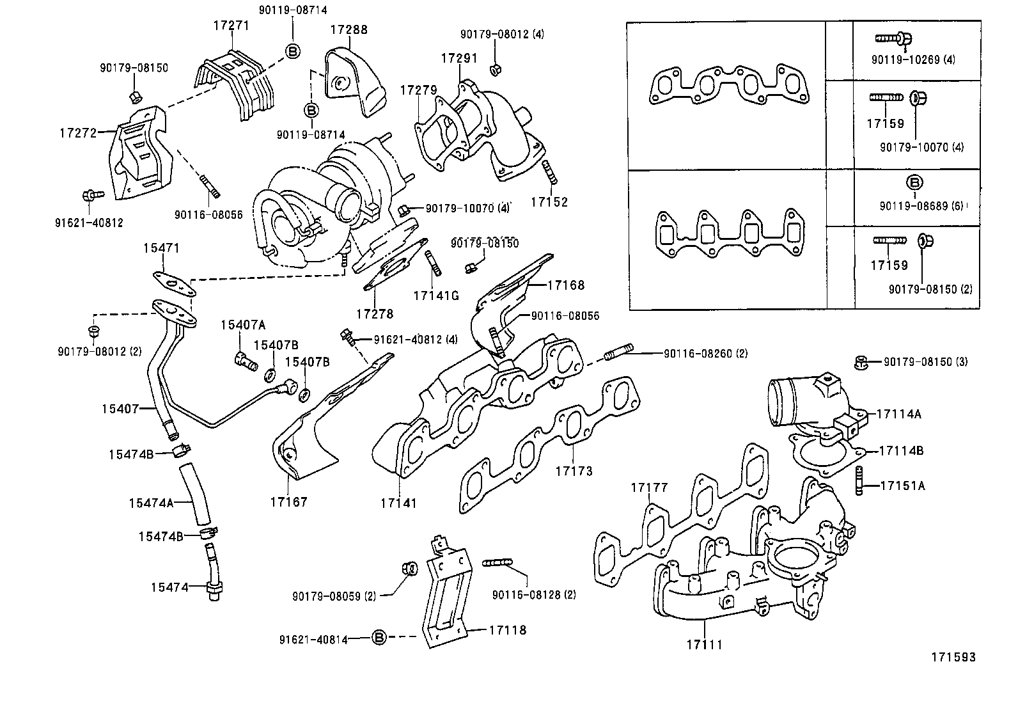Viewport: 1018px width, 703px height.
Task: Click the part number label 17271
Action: (x=231, y=26)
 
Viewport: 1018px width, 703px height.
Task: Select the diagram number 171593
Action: (x=953, y=657)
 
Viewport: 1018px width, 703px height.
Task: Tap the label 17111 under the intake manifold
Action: (x=704, y=644)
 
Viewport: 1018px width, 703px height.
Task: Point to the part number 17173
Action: (x=574, y=471)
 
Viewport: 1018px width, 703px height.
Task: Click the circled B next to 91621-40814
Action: (x=379, y=638)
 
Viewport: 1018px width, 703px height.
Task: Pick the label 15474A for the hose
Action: (x=151, y=503)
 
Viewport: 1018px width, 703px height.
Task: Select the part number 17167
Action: (x=288, y=502)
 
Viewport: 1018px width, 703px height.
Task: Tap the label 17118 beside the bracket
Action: (x=508, y=630)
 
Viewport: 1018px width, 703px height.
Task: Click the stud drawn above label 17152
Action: (x=547, y=172)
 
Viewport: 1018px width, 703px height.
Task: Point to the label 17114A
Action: (x=898, y=414)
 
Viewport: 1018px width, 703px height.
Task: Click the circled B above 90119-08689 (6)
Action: (x=914, y=182)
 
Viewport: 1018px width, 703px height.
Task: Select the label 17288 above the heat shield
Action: (x=349, y=29)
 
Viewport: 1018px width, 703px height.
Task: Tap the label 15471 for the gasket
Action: (x=161, y=248)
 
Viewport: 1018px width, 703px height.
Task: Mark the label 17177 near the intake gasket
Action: (x=649, y=488)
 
